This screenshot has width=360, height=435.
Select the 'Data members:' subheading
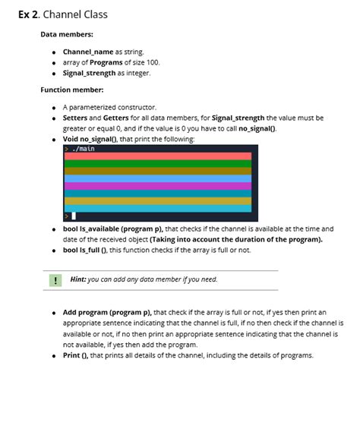[x=67, y=34]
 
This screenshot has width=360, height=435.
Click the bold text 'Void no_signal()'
[x=93, y=139]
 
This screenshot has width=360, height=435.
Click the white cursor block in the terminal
[x=74, y=216]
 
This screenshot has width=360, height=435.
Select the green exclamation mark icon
[x=55, y=280]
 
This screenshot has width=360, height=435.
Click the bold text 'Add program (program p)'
[x=106, y=312]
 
